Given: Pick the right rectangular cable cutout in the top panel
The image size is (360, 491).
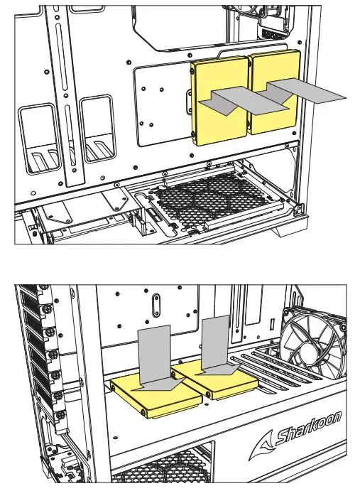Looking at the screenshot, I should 97,131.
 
